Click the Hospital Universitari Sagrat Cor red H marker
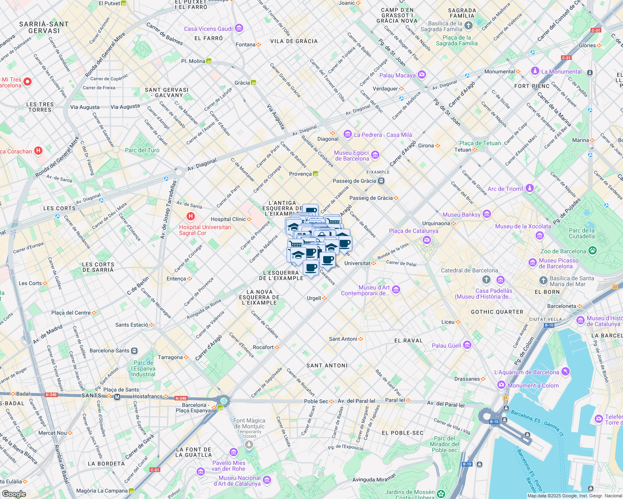(x=191, y=216)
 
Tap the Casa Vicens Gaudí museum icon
(x=239, y=28)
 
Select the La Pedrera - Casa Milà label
(x=383, y=135)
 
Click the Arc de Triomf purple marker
(x=529, y=188)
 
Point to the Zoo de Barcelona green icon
(x=593, y=250)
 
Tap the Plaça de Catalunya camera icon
(x=426, y=240)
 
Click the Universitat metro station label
(x=357, y=263)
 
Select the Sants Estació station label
(x=132, y=325)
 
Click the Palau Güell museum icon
(x=467, y=345)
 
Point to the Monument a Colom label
(x=533, y=385)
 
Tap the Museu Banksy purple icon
(x=487, y=214)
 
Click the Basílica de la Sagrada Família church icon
(x=468, y=26)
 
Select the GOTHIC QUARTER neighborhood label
(x=497, y=312)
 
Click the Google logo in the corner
(x=14, y=494)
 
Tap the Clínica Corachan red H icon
(x=38, y=151)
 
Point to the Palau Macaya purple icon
(x=422, y=75)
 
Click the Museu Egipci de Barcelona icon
(x=375, y=155)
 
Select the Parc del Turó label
(x=142, y=150)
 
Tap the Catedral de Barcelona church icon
(x=486, y=279)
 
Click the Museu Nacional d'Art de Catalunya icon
(x=267, y=480)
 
